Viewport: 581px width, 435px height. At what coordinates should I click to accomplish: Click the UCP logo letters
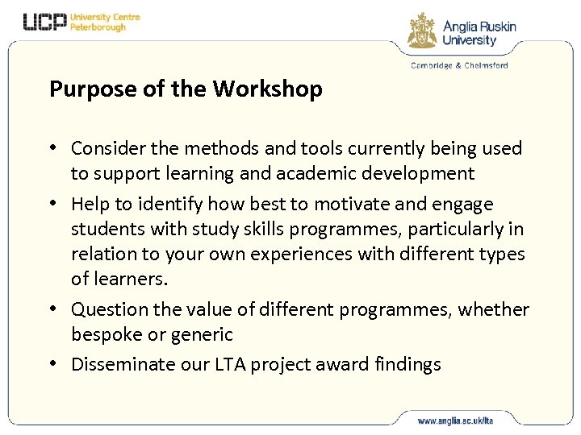(44, 22)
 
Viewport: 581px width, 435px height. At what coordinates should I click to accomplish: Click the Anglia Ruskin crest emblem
(422, 31)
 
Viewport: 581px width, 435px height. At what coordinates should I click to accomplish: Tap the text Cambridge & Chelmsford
(459, 66)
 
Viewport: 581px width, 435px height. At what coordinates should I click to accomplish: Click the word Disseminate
(118, 364)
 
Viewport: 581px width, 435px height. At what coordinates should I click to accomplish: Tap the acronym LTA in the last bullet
(228, 364)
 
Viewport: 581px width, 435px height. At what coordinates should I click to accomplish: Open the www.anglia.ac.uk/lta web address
(456, 420)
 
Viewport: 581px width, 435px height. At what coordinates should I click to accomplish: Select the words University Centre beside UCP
(105, 17)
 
